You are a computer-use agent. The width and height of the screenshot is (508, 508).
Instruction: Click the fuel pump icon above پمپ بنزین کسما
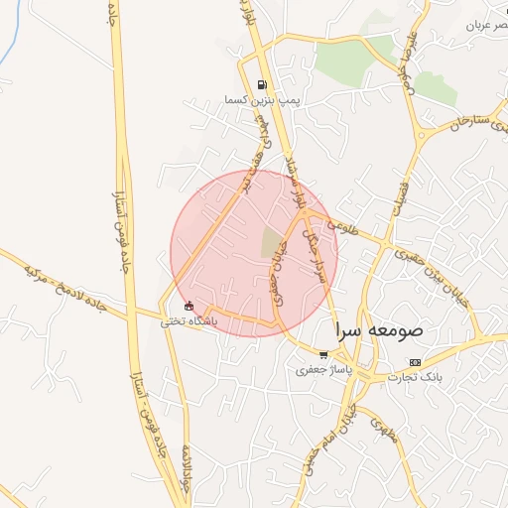tap(261, 85)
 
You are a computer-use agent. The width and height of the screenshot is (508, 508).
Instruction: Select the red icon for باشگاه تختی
tap(190, 307)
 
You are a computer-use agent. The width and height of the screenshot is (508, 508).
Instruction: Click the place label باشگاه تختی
tap(189, 321)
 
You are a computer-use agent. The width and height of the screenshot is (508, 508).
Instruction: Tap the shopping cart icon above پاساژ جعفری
tap(323, 354)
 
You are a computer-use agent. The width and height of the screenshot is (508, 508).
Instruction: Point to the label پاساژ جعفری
tap(318, 369)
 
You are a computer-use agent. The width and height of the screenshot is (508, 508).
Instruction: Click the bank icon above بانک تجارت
tap(415, 362)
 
